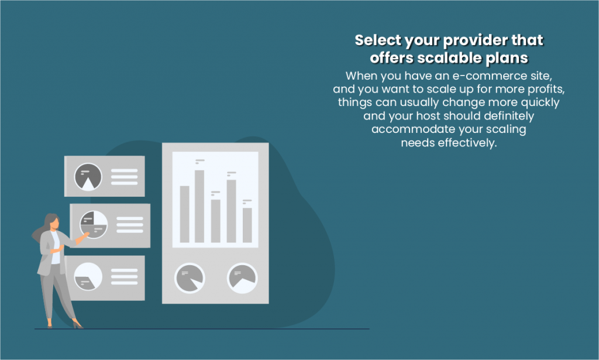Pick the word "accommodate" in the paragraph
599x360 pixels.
[x=409, y=129]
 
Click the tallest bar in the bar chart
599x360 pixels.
[x=199, y=206]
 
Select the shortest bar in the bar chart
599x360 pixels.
[x=247, y=225]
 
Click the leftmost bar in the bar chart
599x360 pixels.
[x=184, y=214]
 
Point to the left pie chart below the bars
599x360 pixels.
[x=190, y=277]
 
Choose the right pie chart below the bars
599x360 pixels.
[x=242, y=277]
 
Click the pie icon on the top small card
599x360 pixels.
[x=88, y=177]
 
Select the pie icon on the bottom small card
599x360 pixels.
[x=88, y=276]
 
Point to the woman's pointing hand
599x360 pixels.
[x=86, y=235]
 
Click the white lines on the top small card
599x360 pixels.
[x=124, y=177]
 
